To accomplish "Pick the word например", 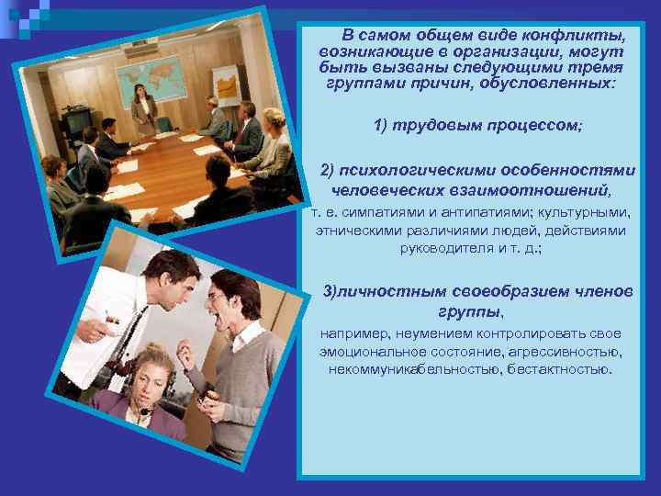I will click(x=356, y=333).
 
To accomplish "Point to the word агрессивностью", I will click(x=574, y=351).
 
